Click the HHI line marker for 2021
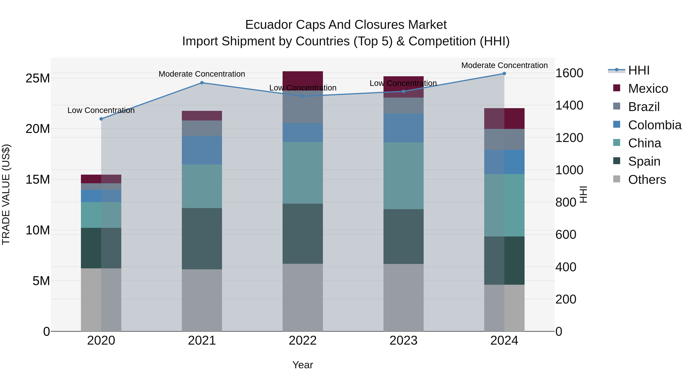[x=202, y=83]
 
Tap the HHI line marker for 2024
[x=504, y=74]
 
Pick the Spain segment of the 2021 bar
[x=202, y=238]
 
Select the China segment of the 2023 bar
[x=403, y=176]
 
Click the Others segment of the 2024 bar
[x=504, y=308]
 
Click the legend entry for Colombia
[x=654, y=125]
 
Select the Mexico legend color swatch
[x=617, y=88]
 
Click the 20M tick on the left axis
[x=38, y=129]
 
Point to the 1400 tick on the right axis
[x=569, y=105]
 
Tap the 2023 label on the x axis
[x=403, y=341]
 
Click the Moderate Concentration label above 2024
[x=504, y=65]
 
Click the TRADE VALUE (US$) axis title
[x=6, y=194]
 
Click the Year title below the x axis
[x=303, y=365]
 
